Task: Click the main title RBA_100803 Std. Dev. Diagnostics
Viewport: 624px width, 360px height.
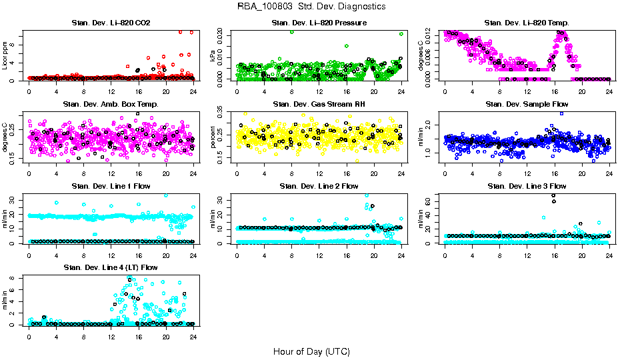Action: click(311, 7)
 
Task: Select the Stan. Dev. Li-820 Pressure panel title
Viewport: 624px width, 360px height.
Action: click(319, 23)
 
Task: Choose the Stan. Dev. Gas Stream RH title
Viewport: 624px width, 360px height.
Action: click(319, 105)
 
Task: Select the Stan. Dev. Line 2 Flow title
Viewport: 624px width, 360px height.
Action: click(319, 186)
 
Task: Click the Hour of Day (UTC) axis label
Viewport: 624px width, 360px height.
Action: click(311, 351)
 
